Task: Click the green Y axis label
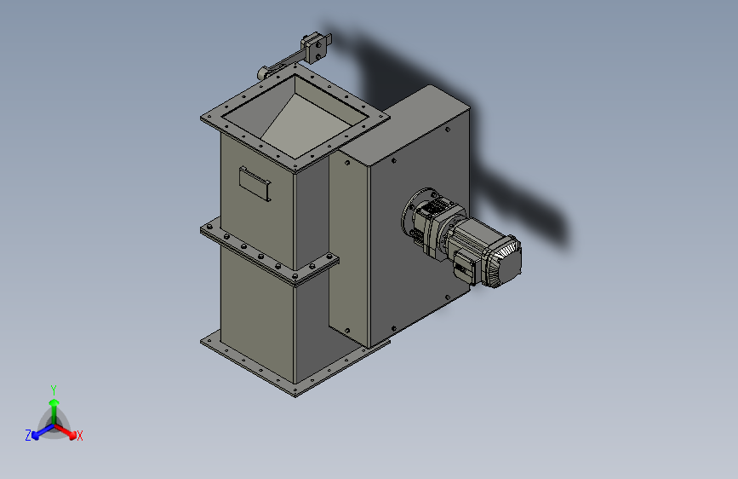(x=53, y=389)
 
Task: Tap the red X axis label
(x=80, y=436)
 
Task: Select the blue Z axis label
(x=28, y=435)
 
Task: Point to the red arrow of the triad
(x=70, y=431)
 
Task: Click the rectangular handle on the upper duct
(x=254, y=182)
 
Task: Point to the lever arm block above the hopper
(x=313, y=44)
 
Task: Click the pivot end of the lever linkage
(x=265, y=72)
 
